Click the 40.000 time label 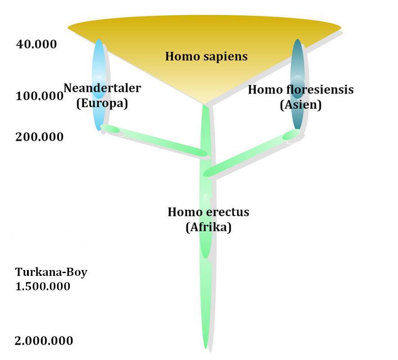pos(36,44)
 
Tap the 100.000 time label pos(39,96)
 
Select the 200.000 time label pos(40,136)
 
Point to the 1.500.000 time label pos(43,286)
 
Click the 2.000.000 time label pos(44,341)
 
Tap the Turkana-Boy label pos(51,272)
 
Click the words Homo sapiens pos(206,56)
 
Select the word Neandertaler pos(102,88)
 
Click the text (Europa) pos(102,103)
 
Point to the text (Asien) pos(300,105)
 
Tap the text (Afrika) pos(208,227)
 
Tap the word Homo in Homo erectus pos(182,211)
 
